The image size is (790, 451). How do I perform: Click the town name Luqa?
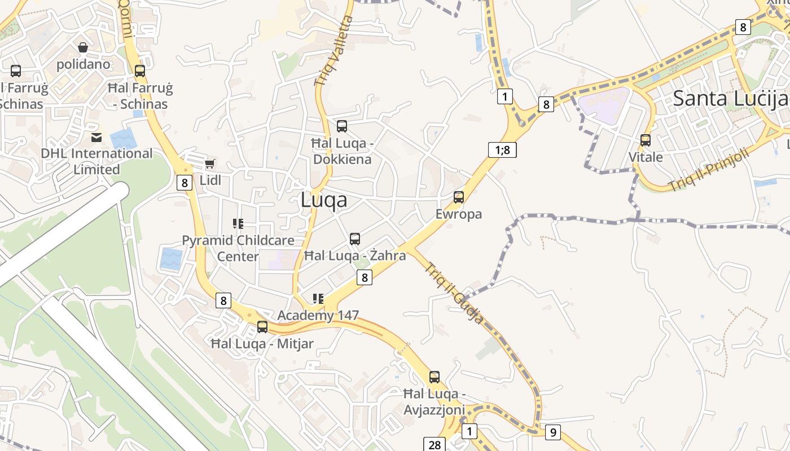click(x=324, y=200)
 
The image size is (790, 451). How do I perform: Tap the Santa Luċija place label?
click(x=730, y=98)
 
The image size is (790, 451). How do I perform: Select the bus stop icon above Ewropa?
click(x=459, y=197)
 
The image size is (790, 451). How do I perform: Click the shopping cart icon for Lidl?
click(x=209, y=163)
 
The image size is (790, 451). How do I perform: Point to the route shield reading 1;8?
click(x=502, y=150)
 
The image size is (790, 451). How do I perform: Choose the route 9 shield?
click(x=552, y=432)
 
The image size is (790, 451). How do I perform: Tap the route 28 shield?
click(x=434, y=445)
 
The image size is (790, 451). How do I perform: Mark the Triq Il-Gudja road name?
click(x=454, y=293)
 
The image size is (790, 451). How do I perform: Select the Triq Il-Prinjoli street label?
click(x=708, y=169)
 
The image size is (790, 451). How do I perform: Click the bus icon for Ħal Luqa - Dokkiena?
click(x=342, y=126)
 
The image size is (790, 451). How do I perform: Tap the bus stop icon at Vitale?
click(x=646, y=140)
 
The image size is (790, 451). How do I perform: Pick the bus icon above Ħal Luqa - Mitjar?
click(x=262, y=326)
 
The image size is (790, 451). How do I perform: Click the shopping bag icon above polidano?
click(x=83, y=47)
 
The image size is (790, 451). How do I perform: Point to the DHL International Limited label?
click(x=96, y=161)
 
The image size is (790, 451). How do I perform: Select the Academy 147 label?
click(x=318, y=315)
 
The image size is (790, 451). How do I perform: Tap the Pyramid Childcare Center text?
click(x=238, y=248)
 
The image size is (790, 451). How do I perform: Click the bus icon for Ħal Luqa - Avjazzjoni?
click(x=434, y=377)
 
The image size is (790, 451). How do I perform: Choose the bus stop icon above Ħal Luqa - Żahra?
click(x=355, y=238)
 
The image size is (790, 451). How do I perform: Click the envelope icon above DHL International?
click(x=96, y=137)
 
